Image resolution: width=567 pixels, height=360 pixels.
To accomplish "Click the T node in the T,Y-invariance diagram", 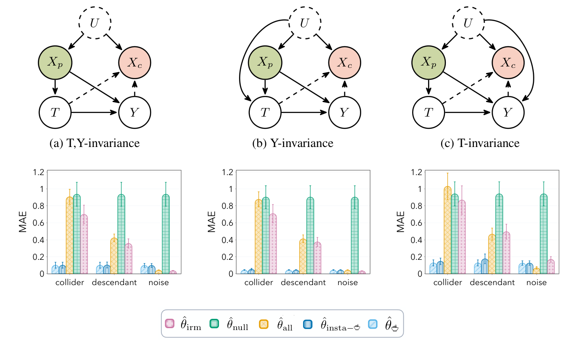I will tap(55, 112).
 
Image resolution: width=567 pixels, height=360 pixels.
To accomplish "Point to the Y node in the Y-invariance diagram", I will tap(344, 112).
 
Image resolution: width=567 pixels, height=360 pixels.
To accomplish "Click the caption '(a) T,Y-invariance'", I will tap(94, 143).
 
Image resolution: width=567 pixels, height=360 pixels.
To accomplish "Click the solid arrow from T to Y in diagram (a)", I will tap(94, 112).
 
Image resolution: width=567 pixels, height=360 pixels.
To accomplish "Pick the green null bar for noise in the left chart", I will tap(165, 234).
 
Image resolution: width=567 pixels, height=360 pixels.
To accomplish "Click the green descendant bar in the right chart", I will tap(499, 234).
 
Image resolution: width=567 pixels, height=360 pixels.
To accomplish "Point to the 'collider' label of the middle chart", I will tap(259, 283).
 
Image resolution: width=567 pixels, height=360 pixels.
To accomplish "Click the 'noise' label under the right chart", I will tap(536, 283).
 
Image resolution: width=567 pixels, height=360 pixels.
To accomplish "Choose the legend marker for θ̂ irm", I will tap(170, 323).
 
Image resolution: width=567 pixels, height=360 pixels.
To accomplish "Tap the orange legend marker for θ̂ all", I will tap(264, 323).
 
